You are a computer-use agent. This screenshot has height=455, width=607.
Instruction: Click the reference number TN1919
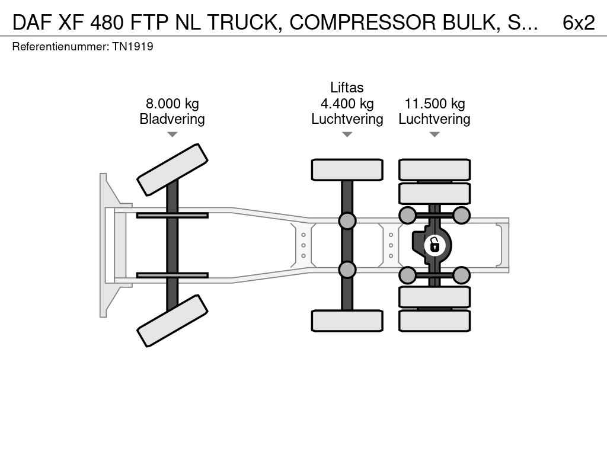point(133,46)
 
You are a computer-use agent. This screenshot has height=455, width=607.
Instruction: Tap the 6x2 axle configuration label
point(579,22)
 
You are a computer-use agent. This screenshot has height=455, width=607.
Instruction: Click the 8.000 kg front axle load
point(172,104)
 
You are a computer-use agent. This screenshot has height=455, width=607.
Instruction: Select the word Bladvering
point(172,119)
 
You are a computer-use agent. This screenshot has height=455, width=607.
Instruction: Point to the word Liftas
point(347,88)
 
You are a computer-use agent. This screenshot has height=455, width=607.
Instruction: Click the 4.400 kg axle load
point(347,104)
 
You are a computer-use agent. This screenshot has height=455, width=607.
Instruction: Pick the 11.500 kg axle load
point(435,104)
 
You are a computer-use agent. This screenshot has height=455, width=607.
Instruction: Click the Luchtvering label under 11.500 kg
point(435,119)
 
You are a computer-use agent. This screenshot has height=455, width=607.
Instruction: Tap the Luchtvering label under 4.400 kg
point(347,119)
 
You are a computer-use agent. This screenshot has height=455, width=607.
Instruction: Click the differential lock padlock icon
point(435,244)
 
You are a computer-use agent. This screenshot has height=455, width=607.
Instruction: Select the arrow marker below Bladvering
point(172,134)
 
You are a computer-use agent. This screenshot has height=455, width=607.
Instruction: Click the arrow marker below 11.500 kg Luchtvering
point(435,134)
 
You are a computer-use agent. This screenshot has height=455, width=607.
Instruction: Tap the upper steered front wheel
point(172,169)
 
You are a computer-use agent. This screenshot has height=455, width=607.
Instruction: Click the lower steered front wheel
point(172,321)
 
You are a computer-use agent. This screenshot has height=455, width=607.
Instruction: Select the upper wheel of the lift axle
point(347,169)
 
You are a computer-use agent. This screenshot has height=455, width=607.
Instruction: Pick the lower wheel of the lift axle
point(347,321)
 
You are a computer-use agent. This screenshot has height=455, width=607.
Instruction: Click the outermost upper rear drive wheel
point(435,169)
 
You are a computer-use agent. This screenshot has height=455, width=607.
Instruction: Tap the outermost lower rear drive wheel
point(435,321)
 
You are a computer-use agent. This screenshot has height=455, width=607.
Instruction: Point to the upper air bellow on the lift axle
point(347,221)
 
